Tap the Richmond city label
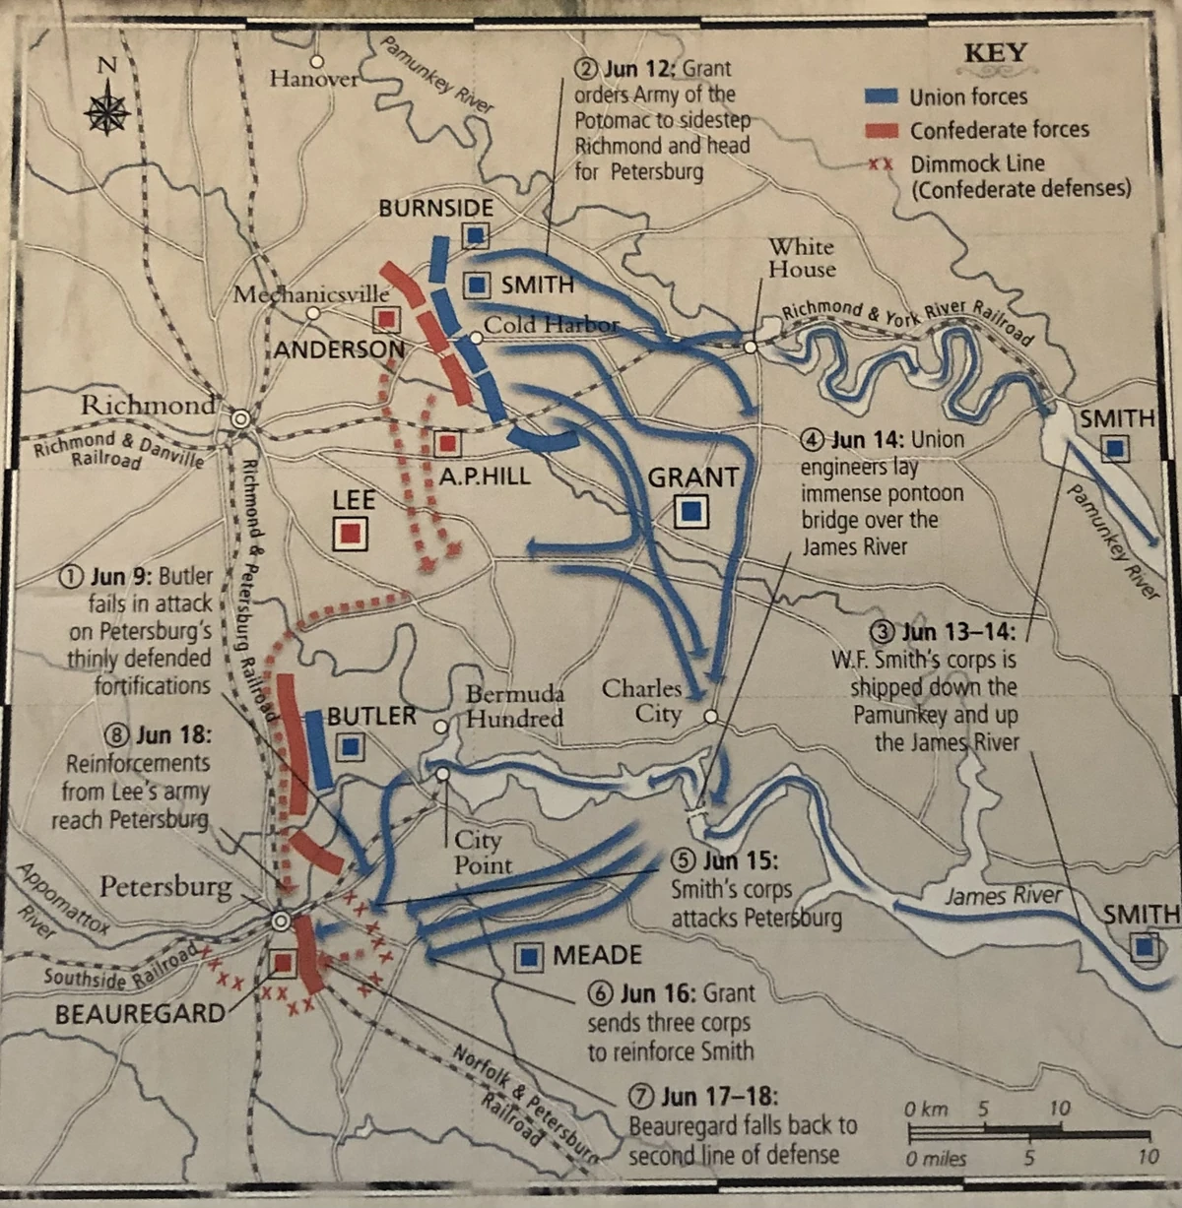(147, 405)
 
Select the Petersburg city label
(165, 887)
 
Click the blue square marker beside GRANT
(692, 510)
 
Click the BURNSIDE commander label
(436, 209)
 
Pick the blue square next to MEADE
(531, 955)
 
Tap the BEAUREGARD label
(140, 1013)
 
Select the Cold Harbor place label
(552, 324)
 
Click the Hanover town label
(314, 79)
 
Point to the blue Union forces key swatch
(881, 96)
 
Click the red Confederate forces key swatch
(881, 130)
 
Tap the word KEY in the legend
(995, 53)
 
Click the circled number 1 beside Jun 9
(71, 577)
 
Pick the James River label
(1003, 895)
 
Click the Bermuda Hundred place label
(514, 706)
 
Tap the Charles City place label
(642, 700)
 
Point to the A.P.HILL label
(485, 477)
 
